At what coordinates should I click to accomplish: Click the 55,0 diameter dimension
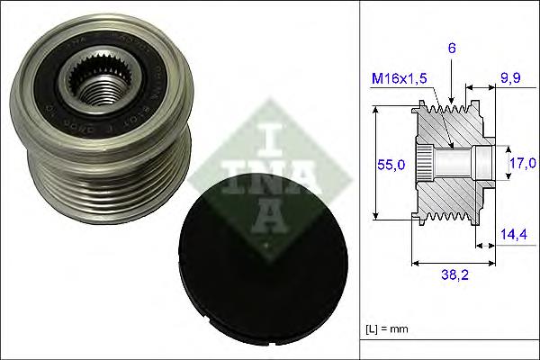pyautogui.click(x=390, y=165)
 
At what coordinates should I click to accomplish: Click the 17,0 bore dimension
pyautogui.click(x=522, y=164)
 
